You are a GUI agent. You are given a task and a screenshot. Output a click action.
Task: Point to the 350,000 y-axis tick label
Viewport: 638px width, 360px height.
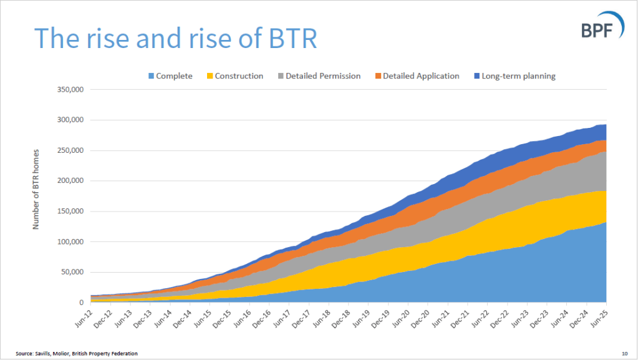(71, 89)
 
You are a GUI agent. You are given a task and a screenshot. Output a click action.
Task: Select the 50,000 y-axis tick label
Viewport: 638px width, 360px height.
(73, 272)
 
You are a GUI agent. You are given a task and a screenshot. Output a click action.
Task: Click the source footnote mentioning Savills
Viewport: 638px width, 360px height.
(77, 354)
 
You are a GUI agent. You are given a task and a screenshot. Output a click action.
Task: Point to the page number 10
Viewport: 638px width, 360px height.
(624, 354)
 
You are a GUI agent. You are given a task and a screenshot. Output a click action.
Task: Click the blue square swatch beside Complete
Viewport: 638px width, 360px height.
(151, 76)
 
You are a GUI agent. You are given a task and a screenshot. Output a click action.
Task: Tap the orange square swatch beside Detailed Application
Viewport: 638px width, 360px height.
(378, 76)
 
